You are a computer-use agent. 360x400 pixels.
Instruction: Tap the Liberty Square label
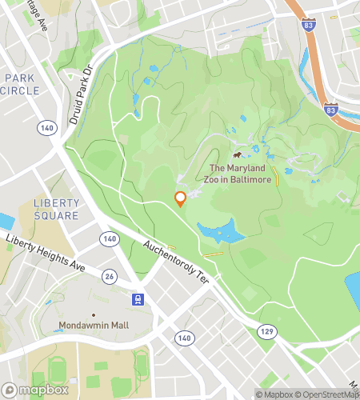(x=56, y=209)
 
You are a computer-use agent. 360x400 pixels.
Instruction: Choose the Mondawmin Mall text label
(x=94, y=326)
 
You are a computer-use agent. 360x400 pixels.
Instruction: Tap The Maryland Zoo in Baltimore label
(x=241, y=174)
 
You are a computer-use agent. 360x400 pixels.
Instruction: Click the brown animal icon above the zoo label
(x=238, y=154)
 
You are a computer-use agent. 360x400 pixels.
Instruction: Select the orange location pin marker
(x=181, y=198)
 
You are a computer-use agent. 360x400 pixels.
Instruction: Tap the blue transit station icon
(x=139, y=299)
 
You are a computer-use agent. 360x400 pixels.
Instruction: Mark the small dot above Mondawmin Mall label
(x=94, y=314)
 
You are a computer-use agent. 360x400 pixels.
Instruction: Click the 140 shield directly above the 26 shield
(x=109, y=238)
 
